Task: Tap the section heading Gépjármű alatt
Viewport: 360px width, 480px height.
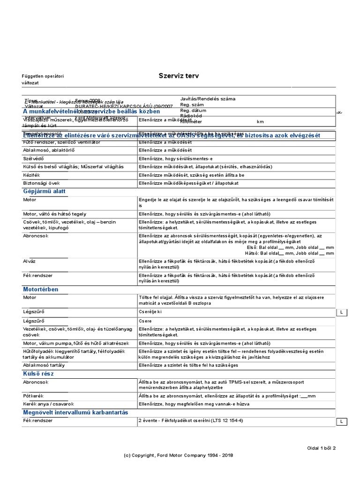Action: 45,191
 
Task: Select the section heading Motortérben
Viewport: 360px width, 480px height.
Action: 41,289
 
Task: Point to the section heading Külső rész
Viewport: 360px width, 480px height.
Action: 39,374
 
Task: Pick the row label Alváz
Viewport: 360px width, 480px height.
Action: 30,261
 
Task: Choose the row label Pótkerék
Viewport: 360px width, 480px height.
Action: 33,396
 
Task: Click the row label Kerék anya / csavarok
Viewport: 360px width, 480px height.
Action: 48,404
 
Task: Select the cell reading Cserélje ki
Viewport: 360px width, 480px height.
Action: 150,311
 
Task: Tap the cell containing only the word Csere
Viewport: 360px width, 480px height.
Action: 145,321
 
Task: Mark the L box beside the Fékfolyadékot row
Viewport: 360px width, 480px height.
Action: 342,422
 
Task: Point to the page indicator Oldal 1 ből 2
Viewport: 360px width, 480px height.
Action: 321,448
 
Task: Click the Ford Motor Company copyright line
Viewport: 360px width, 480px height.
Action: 178,455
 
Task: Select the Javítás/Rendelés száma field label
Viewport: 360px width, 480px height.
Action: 208,99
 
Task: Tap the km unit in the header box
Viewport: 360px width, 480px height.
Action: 273,121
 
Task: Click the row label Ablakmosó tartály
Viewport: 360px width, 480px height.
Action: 44,365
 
